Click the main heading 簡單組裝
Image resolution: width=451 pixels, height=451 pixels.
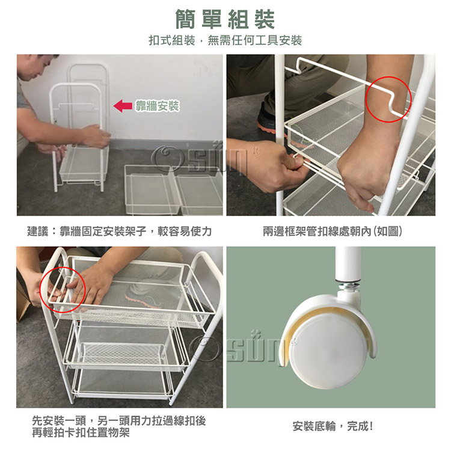click(226, 19)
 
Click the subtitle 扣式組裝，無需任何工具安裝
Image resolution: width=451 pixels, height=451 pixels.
click(226, 40)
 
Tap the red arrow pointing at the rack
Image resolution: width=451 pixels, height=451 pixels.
click(123, 106)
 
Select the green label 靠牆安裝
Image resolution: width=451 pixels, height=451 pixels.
click(157, 106)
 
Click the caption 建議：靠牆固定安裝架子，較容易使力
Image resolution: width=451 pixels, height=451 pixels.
click(120, 231)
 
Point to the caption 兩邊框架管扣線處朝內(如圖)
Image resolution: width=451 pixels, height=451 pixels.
click(333, 231)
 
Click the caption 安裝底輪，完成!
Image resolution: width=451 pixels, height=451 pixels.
click(333, 426)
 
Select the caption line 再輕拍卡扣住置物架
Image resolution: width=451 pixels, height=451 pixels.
click(81, 432)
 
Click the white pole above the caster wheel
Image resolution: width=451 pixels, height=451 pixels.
click(348, 265)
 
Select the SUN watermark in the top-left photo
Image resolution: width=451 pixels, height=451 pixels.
click(201, 159)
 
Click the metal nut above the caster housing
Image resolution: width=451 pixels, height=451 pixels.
click(348, 286)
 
